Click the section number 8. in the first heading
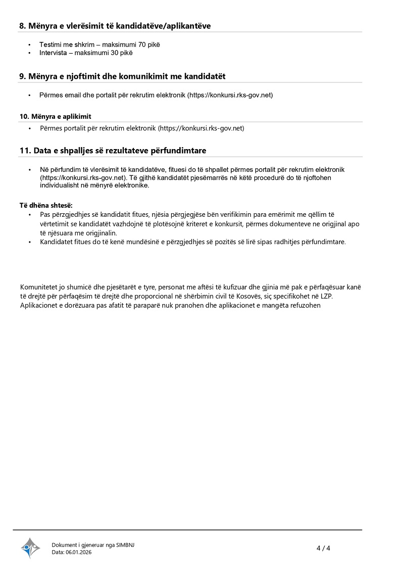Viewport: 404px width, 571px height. [23, 25]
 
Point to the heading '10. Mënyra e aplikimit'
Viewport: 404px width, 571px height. [56, 116]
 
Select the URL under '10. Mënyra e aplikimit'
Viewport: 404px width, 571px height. [202, 128]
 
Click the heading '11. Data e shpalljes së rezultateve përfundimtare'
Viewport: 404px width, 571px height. [113, 151]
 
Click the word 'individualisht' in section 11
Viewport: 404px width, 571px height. [60, 185]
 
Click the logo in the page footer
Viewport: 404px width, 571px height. [30, 548]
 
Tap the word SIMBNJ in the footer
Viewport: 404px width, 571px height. [126, 545]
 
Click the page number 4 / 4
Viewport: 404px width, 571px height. [323, 548]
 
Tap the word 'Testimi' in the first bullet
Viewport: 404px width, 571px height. [49, 44]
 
